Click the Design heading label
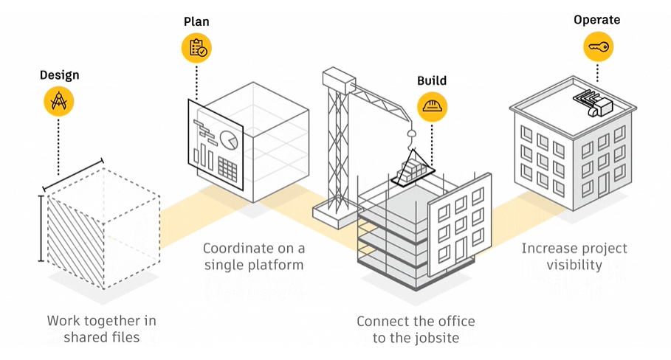point(59,75)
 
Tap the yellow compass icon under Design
point(59,102)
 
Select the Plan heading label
point(196,21)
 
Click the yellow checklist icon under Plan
point(196,48)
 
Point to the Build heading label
point(432,80)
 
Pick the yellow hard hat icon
point(432,106)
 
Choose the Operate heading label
point(598,20)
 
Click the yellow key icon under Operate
point(598,47)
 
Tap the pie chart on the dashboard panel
point(230,139)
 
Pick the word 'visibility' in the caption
point(574,265)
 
